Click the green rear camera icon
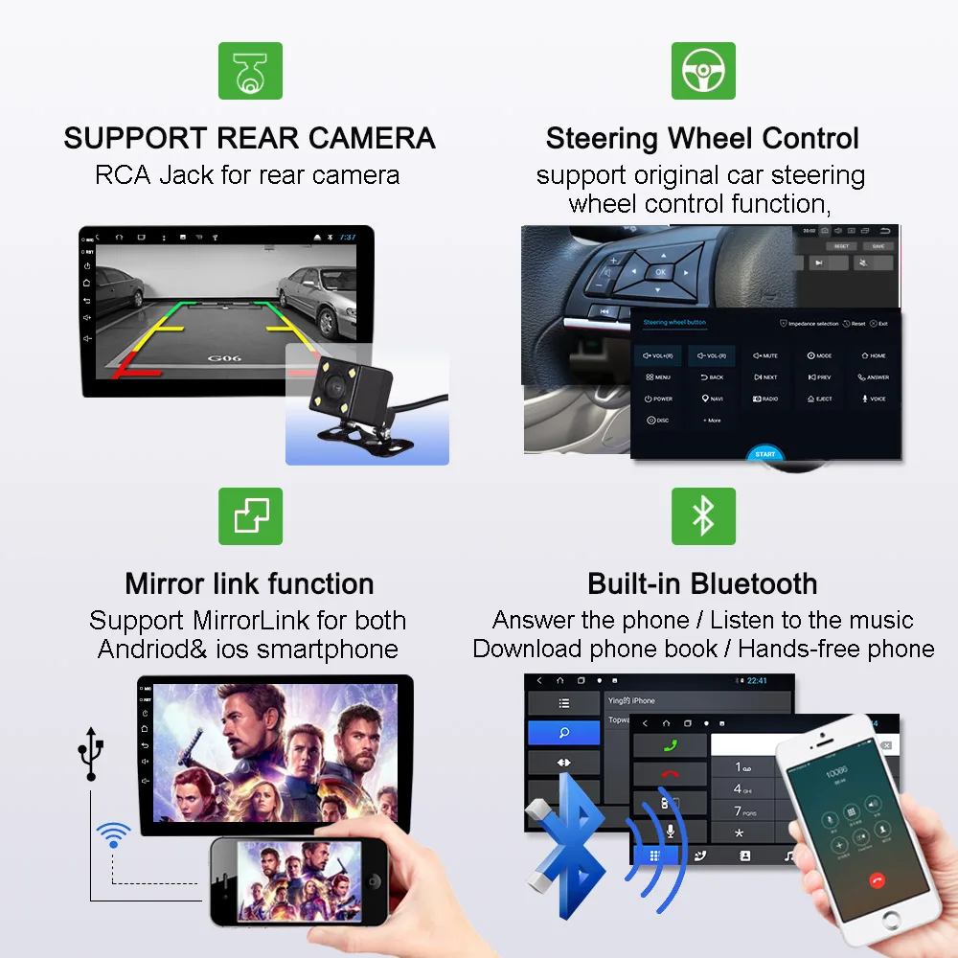[250, 71]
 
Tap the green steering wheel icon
[703, 71]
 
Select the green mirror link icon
[250, 516]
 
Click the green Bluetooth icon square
[703, 516]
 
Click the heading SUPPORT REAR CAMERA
[249, 138]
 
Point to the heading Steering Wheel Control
[702, 138]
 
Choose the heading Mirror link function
[249, 583]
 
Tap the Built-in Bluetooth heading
[702, 583]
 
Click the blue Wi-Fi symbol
[113, 834]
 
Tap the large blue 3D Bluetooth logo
[565, 833]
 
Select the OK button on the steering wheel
[659, 272]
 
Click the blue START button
[765, 454]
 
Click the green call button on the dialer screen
[670, 745]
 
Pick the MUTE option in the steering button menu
[765, 355]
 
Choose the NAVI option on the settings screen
[712, 399]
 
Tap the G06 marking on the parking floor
[222, 358]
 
